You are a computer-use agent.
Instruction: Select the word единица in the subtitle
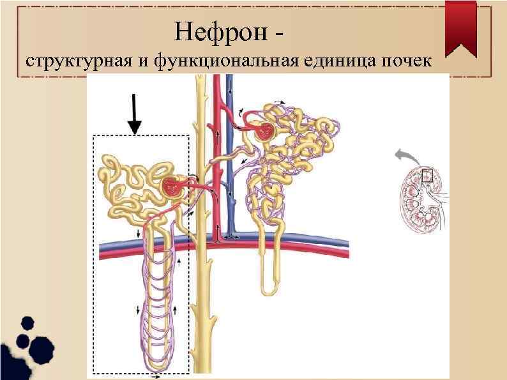click(x=338, y=62)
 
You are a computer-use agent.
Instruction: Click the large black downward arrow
click(x=134, y=114)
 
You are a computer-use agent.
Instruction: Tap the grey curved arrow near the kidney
click(x=404, y=155)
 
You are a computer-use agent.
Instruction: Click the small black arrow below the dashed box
click(x=156, y=377)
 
